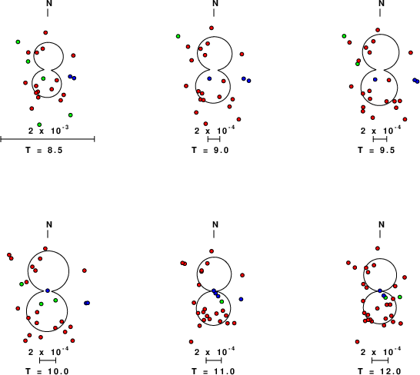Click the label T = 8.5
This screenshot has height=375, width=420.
click(44, 150)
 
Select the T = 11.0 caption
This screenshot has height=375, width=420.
click(213, 371)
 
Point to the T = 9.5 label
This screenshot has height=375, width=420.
click(376, 150)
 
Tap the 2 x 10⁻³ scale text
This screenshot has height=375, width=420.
click(48, 131)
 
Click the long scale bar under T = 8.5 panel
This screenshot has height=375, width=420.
click(48, 139)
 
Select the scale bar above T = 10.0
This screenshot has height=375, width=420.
click(48, 360)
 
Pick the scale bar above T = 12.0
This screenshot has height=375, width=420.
click(380, 360)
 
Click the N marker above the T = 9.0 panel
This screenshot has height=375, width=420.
click(215, 4)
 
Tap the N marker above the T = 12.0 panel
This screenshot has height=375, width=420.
click(382, 224)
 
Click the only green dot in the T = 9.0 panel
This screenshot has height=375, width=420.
click(178, 36)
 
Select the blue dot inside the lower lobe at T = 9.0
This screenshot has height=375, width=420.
click(209, 78)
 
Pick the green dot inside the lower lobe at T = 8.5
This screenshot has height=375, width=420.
click(43, 78)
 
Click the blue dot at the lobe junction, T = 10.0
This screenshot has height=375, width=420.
click(48, 290)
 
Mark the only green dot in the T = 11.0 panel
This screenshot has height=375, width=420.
click(222, 302)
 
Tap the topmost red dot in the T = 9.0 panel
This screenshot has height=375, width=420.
click(212, 28)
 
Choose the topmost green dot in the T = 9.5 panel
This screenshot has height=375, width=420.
click(344, 36)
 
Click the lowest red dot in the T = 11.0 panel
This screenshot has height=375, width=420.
click(191, 342)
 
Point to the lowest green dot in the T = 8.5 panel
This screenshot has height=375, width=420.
click(39, 124)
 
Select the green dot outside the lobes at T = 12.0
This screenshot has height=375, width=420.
click(400, 297)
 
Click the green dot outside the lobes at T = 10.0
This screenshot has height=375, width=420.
click(22, 284)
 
